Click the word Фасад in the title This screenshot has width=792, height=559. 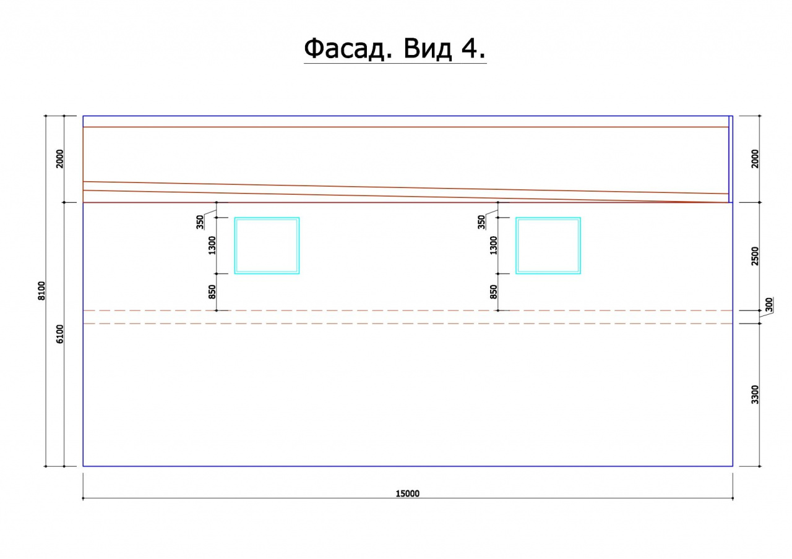(x=348, y=49)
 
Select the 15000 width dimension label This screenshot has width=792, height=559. (x=407, y=493)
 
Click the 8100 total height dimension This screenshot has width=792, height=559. (x=41, y=291)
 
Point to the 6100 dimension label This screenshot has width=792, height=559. (x=60, y=334)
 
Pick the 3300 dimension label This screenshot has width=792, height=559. (x=755, y=395)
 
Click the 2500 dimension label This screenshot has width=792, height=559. (x=755, y=256)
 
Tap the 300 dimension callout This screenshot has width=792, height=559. (x=769, y=305)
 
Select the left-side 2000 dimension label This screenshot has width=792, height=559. (x=60, y=159)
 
